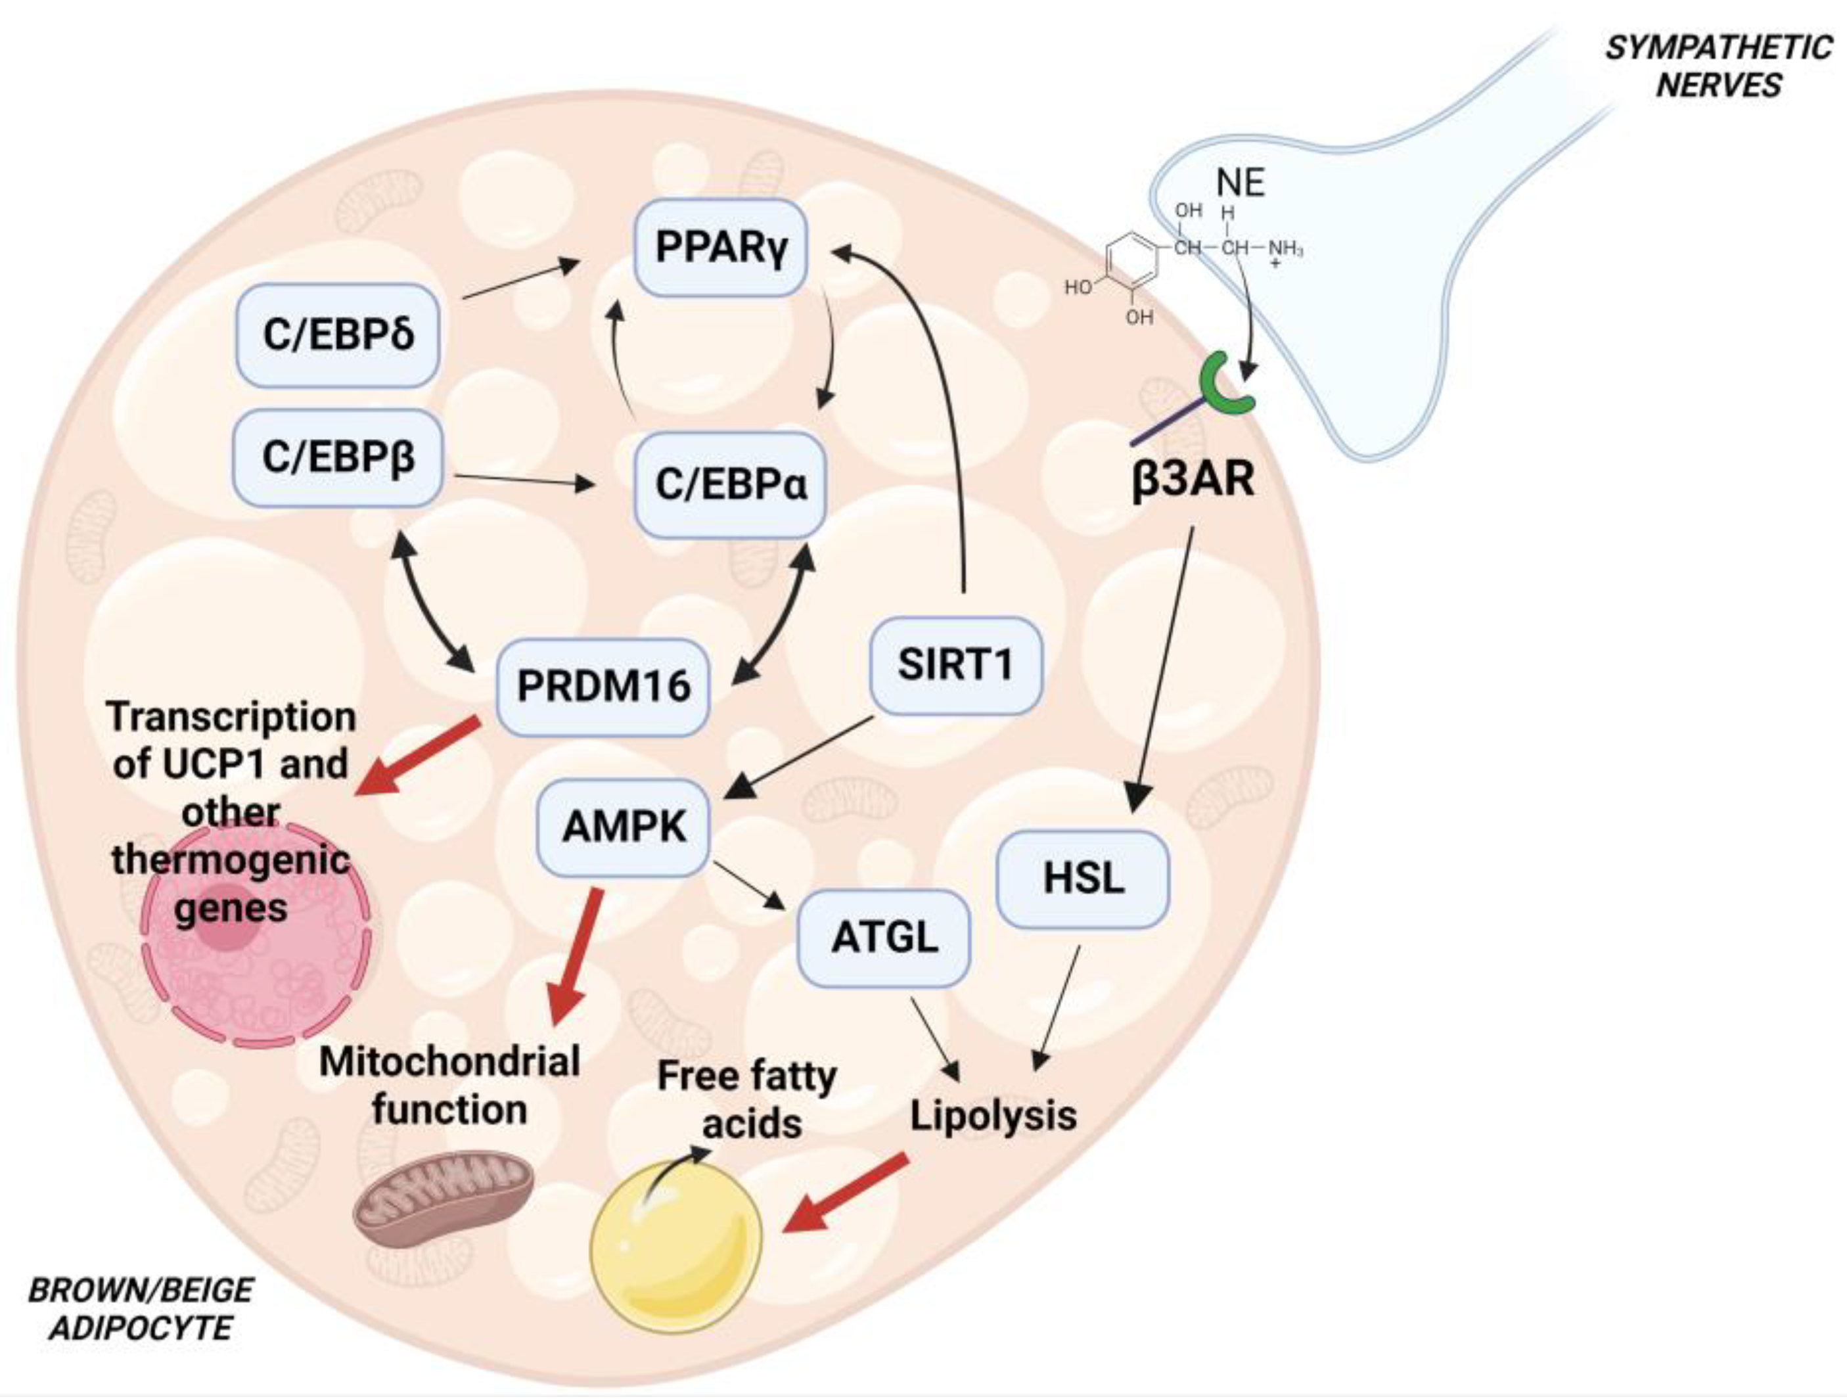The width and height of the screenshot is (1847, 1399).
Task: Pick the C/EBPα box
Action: (730, 484)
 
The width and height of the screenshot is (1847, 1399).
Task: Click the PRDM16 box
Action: (603, 687)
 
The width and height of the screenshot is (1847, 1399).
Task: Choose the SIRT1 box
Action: (955, 665)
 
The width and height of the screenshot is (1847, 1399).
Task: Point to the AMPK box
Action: (624, 827)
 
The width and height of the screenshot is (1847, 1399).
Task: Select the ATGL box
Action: (884, 937)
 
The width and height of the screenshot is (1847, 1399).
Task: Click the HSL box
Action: (1083, 879)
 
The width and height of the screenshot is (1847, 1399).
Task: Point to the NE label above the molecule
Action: (1240, 183)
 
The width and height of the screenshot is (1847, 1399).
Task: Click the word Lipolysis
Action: (993, 1115)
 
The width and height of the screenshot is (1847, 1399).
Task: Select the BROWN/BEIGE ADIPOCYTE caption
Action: (140, 1308)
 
